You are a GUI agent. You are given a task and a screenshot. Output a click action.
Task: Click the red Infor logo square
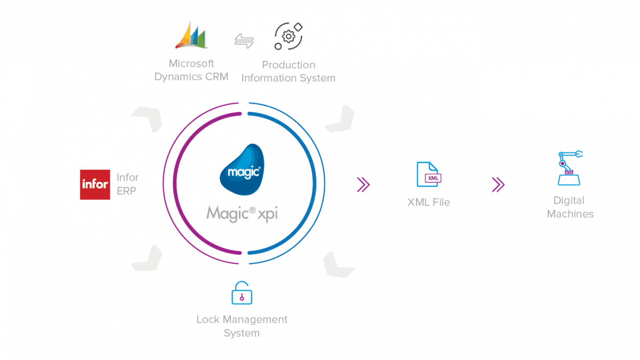pos(95,185)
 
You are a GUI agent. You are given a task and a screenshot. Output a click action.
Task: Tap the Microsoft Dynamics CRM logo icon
pos(190,36)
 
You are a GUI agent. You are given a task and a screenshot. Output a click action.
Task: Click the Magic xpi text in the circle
pos(243,214)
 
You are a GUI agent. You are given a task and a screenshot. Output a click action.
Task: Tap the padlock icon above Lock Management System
pos(242,293)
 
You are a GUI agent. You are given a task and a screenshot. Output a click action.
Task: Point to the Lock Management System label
pos(242,326)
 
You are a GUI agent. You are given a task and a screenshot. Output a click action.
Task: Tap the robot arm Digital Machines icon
pos(570,168)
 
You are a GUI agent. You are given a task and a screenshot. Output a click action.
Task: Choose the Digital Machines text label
pos(570,207)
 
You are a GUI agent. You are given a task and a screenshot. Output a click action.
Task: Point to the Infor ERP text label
pos(128,185)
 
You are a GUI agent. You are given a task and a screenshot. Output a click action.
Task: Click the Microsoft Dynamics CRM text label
pos(191,70)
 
